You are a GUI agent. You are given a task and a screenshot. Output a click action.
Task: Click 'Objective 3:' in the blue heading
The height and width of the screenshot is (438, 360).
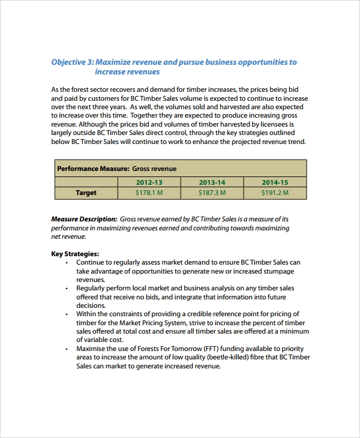coord(72,62)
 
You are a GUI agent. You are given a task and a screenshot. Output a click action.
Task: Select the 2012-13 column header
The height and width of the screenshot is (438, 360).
coord(149,182)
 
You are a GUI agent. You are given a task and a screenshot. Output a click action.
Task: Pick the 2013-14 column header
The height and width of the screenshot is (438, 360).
coord(212,182)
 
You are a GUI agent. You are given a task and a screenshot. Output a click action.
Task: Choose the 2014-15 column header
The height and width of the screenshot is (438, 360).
coord(275,182)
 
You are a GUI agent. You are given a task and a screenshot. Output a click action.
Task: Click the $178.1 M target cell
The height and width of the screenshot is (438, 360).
coord(149,193)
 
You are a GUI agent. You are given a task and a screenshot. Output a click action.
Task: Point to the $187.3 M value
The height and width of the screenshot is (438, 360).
coord(212,193)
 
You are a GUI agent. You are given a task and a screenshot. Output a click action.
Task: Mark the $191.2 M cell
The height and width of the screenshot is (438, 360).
coord(275,193)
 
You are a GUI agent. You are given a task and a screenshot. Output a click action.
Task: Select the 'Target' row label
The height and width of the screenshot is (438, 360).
coord(86,193)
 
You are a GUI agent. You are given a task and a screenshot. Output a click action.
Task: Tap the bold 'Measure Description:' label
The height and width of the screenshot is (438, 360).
coord(84,219)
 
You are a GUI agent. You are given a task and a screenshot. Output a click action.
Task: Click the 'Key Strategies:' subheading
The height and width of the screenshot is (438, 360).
coord(75,254)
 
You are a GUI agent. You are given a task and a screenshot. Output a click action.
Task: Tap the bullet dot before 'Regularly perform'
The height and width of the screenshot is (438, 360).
coord(67,288)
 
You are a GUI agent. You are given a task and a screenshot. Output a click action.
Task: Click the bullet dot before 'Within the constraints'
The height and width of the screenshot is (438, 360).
coord(67,314)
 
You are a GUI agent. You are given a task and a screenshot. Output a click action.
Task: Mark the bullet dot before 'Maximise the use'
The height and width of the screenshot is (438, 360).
coord(67,349)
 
